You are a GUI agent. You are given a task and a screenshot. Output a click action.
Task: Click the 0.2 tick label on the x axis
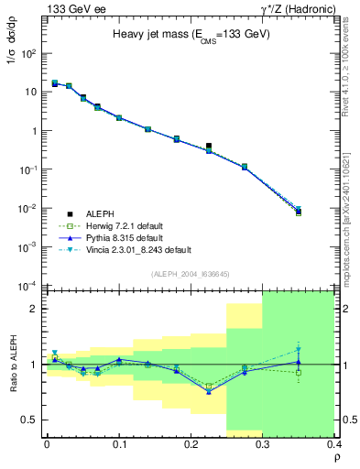pos(191,443)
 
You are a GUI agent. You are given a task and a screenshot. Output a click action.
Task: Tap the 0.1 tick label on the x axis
pos(118,443)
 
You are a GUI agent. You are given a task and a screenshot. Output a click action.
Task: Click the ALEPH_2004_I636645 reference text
pos(191,273)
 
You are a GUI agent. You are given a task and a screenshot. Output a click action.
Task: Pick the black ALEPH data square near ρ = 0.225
pos(209,146)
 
